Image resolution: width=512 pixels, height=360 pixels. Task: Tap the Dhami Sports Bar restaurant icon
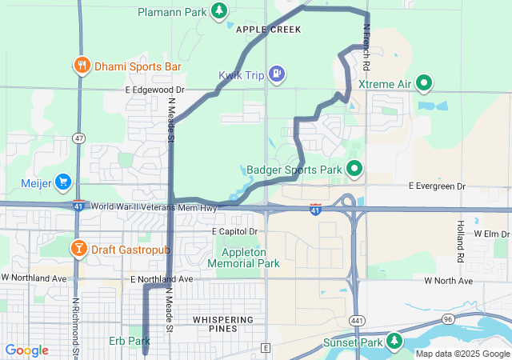82,66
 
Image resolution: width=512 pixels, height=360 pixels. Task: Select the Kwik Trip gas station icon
276,75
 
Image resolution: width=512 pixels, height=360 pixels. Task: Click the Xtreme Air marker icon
426,83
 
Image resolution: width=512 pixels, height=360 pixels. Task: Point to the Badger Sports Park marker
353,169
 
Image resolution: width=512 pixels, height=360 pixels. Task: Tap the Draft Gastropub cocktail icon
80,249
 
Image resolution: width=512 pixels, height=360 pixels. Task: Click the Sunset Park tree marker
394,342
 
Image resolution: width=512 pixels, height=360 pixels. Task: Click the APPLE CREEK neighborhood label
269,30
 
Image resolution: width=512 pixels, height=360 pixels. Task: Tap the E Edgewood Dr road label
154,90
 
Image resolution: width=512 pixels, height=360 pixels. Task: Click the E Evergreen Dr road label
437,186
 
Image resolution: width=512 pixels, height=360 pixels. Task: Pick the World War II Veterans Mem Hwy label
154,207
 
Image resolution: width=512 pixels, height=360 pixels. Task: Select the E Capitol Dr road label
235,231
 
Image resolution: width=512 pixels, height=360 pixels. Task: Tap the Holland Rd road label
461,242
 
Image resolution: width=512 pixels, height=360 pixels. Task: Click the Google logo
26,350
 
